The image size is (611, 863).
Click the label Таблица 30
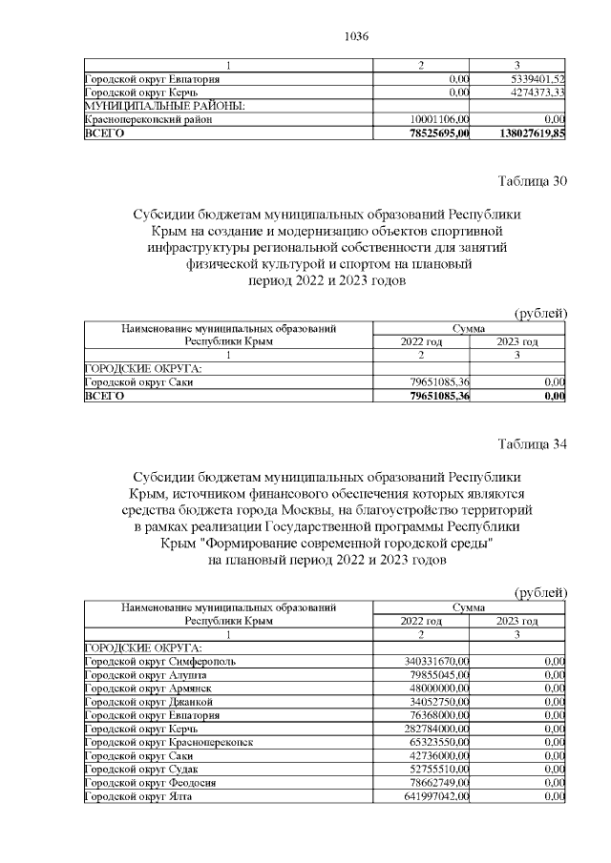click(533, 182)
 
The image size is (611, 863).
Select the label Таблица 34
click(533, 442)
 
